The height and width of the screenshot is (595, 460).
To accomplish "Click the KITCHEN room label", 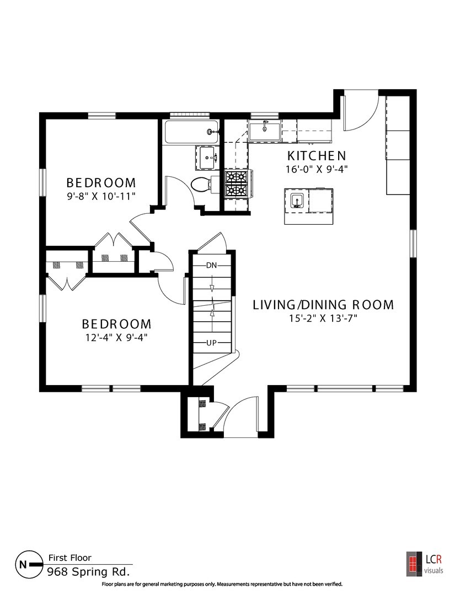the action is [x=317, y=156].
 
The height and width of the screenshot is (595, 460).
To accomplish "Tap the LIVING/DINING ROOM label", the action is [x=323, y=305].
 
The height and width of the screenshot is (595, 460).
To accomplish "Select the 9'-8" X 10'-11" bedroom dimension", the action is [x=101, y=196].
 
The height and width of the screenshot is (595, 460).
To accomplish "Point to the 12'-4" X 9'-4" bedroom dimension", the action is [x=116, y=337].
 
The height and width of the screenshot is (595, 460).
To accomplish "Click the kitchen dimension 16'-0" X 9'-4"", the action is [x=317, y=169].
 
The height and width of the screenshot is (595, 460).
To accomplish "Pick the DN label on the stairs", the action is [x=212, y=265].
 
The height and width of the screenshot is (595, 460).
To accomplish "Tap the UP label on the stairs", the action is [x=211, y=343].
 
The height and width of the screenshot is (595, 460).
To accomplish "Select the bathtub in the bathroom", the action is [x=191, y=132].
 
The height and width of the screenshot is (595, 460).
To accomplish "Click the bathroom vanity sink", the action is [x=207, y=157].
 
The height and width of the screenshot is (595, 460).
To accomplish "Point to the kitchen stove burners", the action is [x=236, y=183].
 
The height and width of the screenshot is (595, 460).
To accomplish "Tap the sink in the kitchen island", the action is [x=297, y=201].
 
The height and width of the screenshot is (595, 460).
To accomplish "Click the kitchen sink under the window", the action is [x=265, y=131].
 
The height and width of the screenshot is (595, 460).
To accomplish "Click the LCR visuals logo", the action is [x=425, y=562].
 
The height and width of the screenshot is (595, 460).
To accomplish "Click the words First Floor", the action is [x=70, y=558].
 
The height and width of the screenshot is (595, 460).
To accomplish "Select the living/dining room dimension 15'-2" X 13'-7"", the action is [x=323, y=318].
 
